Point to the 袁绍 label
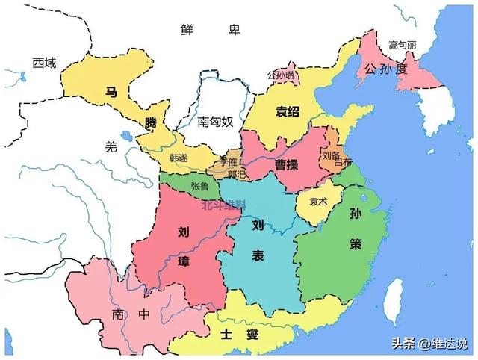[287, 112]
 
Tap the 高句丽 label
[402, 46]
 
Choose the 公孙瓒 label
[280, 75]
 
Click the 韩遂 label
[179, 158]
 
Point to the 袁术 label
[319, 200]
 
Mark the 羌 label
[111, 147]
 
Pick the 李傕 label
[227, 162]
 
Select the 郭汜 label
[238, 175]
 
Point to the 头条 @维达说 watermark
[433, 344]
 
